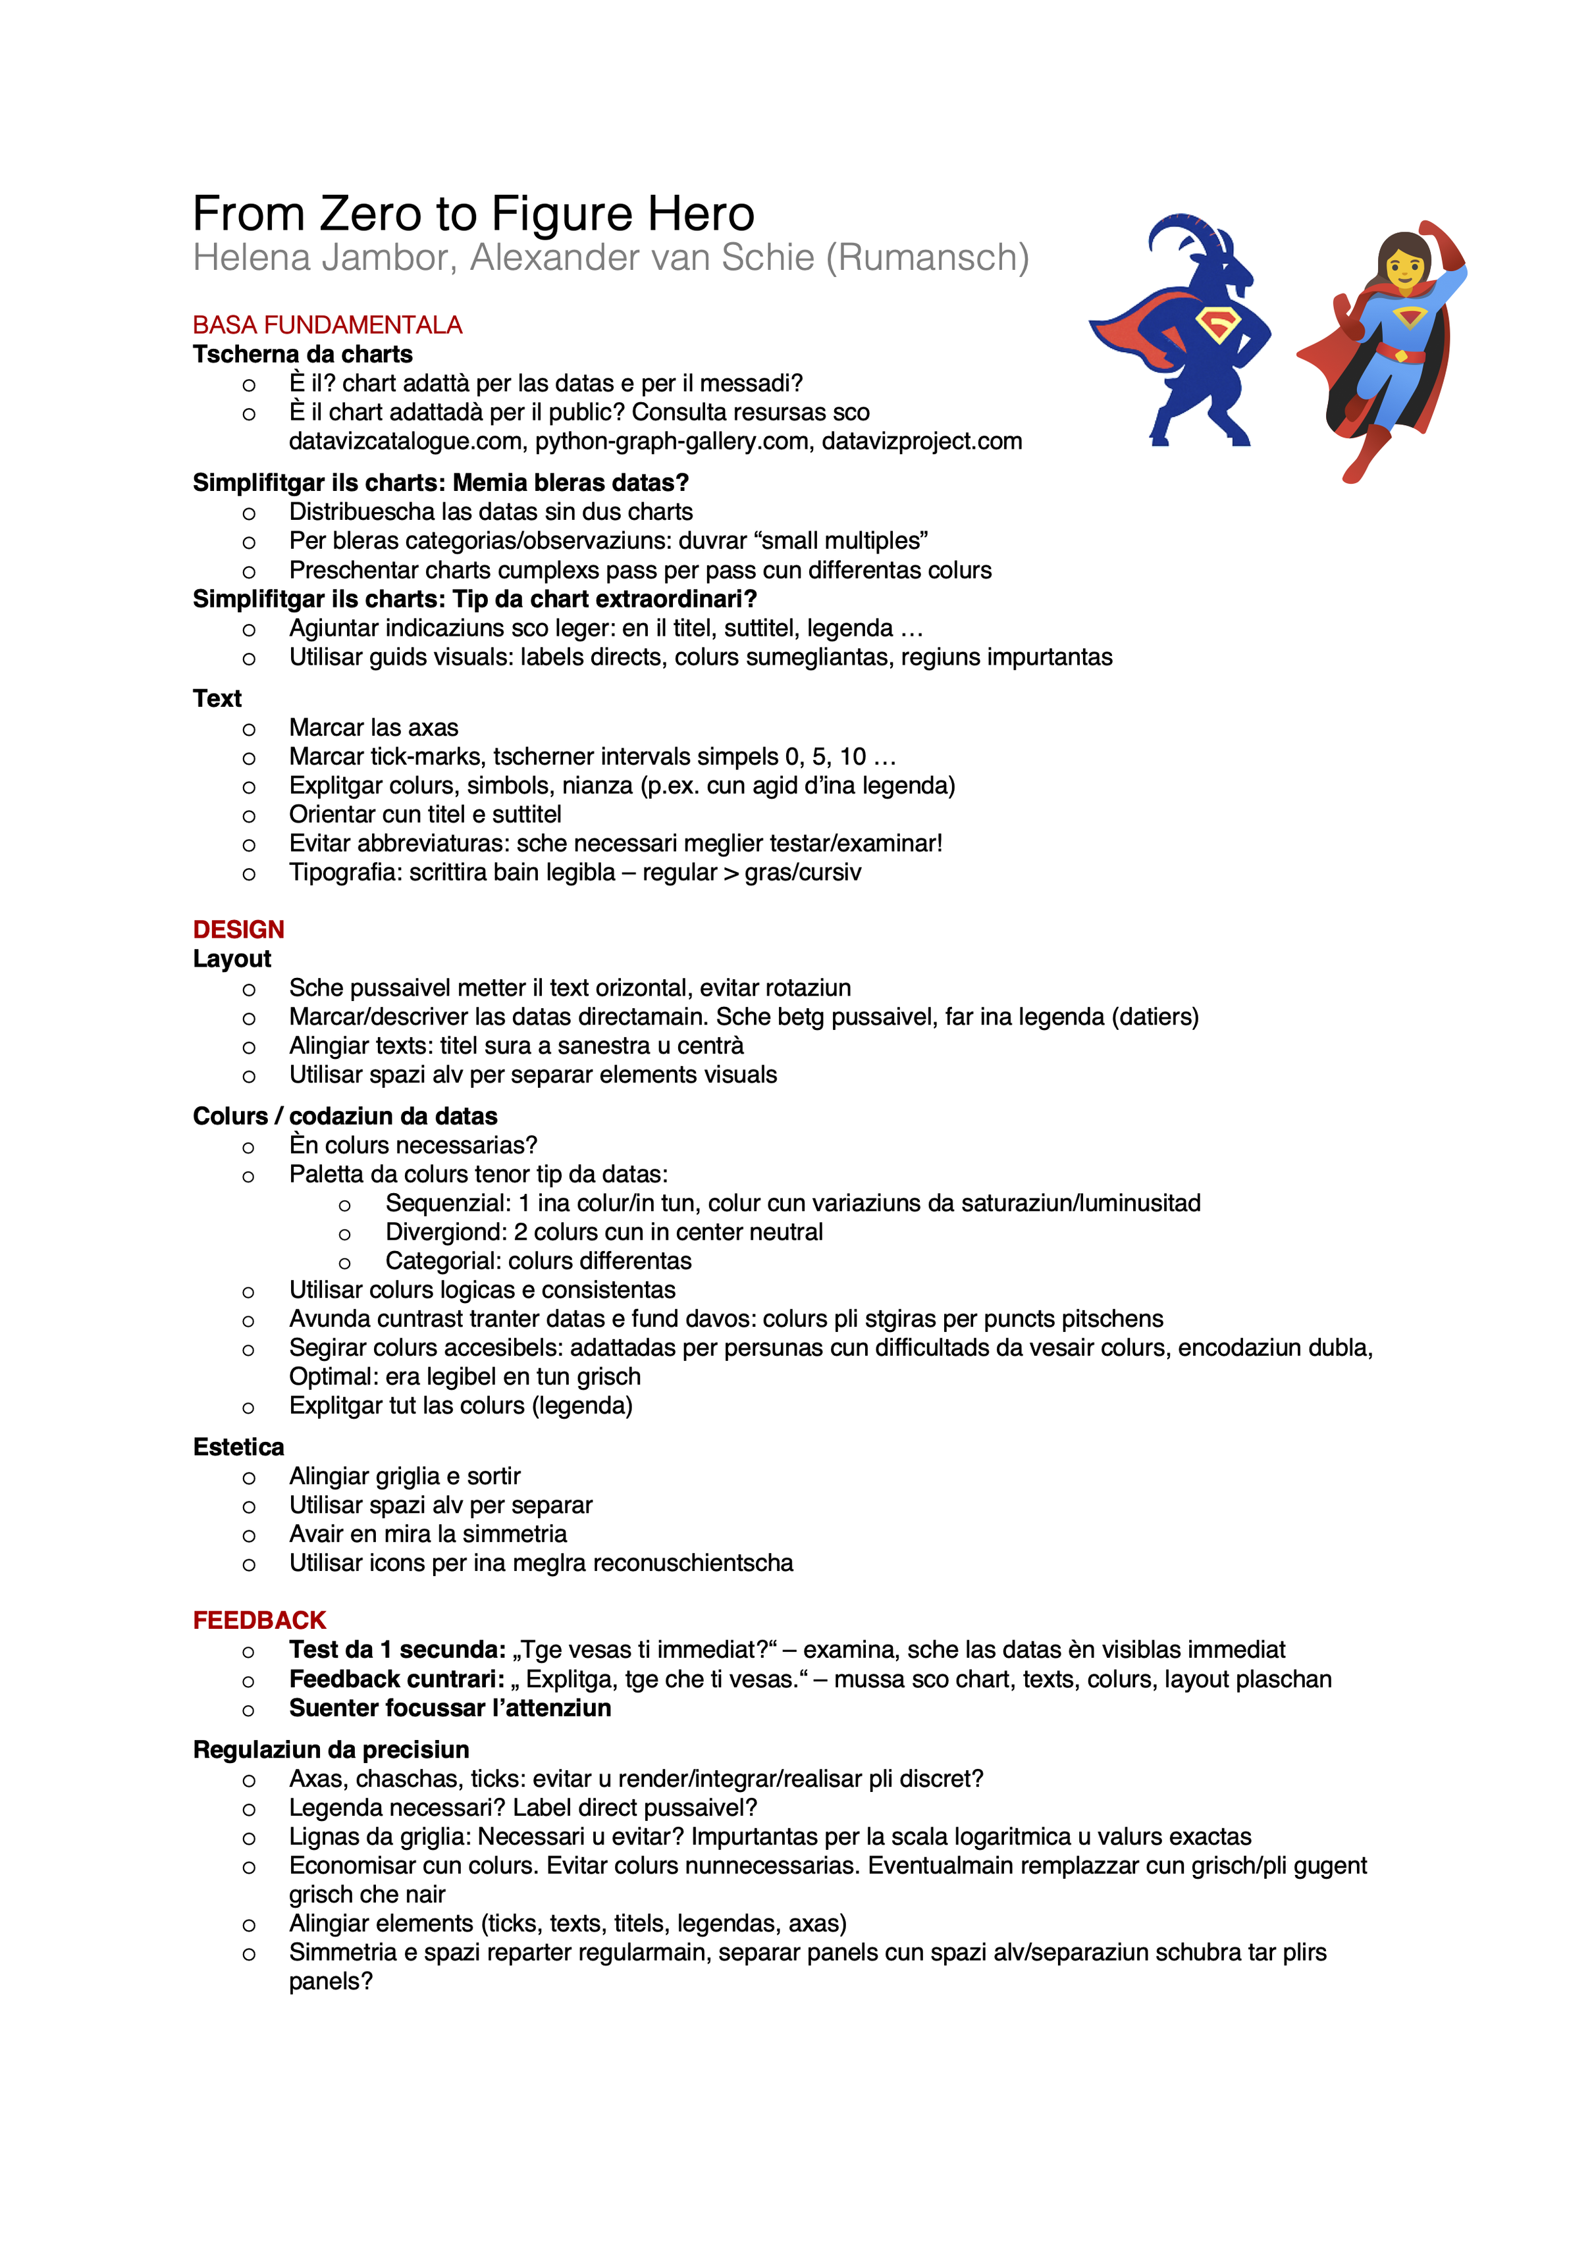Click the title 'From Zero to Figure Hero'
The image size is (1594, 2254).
click(473, 213)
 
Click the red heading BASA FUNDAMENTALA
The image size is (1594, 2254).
click(327, 325)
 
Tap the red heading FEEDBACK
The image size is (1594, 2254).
click(259, 1620)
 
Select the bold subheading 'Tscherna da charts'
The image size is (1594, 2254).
click(302, 355)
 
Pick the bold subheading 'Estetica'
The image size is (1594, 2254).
click(238, 1447)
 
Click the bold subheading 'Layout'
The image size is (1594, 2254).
click(232, 958)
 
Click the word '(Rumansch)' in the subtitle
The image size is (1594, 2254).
click(927, 257)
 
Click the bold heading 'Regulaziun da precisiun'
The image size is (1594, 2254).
click(331, 1749)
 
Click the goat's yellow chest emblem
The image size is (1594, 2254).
click(1218, 324)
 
